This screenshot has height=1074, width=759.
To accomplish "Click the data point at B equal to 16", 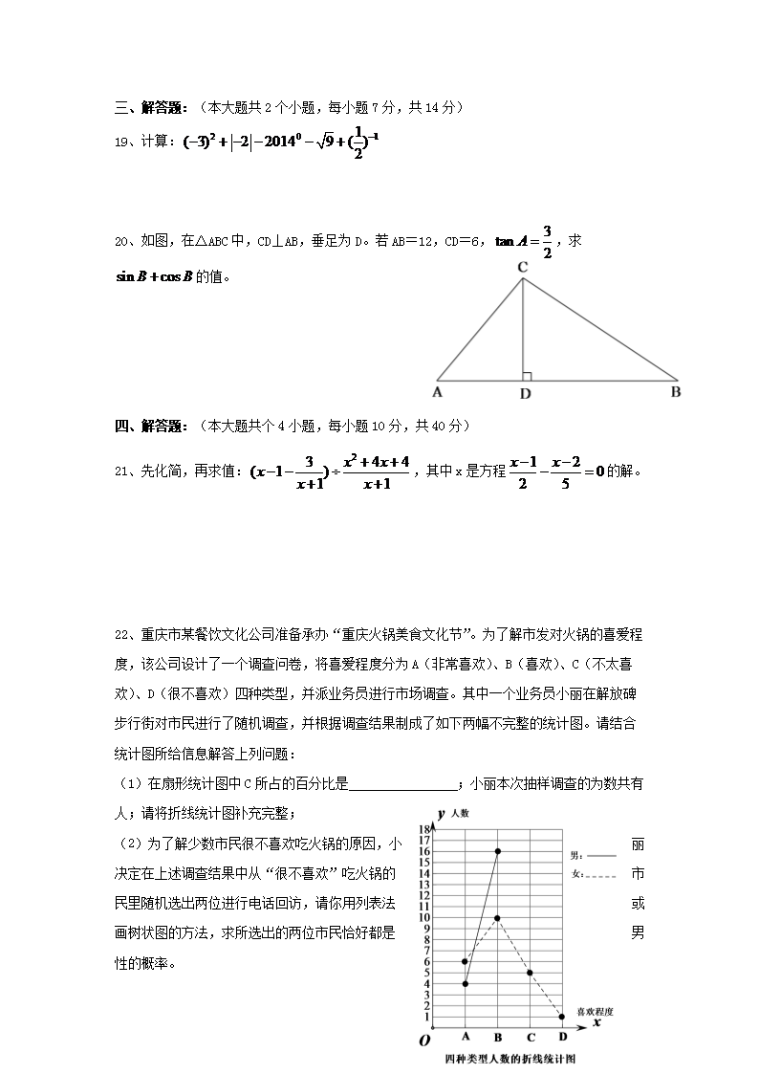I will click(x=498, y=851).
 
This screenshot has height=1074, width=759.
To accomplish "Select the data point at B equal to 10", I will click(x=497, y=918).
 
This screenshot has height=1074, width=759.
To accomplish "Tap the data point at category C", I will click(x=530, y=973).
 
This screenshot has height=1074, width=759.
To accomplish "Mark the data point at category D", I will click(x=562, y=1017).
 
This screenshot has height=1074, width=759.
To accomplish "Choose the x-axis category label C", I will click(x=530, y=1037).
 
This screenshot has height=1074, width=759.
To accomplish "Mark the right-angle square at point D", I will click(x=527, y=377).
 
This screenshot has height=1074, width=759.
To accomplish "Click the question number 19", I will click(x=121, y=142).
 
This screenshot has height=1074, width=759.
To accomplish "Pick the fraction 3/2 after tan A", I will click(x=548, y=242).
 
